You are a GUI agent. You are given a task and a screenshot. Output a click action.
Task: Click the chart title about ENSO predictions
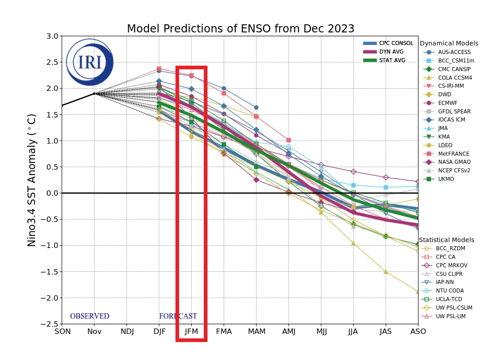pos(240,29)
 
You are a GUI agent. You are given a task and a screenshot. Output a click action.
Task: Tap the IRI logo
pos(90,62)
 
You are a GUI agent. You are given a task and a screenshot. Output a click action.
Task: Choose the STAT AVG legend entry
pos(392,60)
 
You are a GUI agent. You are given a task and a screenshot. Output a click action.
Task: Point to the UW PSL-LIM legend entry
pos(450,316)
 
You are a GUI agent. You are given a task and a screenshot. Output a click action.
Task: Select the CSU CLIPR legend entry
pos(449,274)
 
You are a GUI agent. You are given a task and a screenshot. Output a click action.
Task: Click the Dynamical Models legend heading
pos(449,44)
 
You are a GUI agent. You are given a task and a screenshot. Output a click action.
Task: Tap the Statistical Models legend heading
pos(446,240)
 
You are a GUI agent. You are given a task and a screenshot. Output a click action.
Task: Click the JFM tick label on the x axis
pos(191,332)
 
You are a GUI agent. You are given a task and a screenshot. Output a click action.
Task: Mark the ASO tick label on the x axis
pos(418,332)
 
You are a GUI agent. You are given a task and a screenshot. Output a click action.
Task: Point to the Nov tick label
pos(94,332)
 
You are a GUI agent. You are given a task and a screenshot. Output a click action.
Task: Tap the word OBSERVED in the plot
pos(90,316)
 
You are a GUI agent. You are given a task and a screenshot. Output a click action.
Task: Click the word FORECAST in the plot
pos(178,316)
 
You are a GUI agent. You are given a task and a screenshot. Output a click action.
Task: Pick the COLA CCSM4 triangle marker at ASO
pos(418,291)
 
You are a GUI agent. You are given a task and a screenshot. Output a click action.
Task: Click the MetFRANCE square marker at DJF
pos(159,69)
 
